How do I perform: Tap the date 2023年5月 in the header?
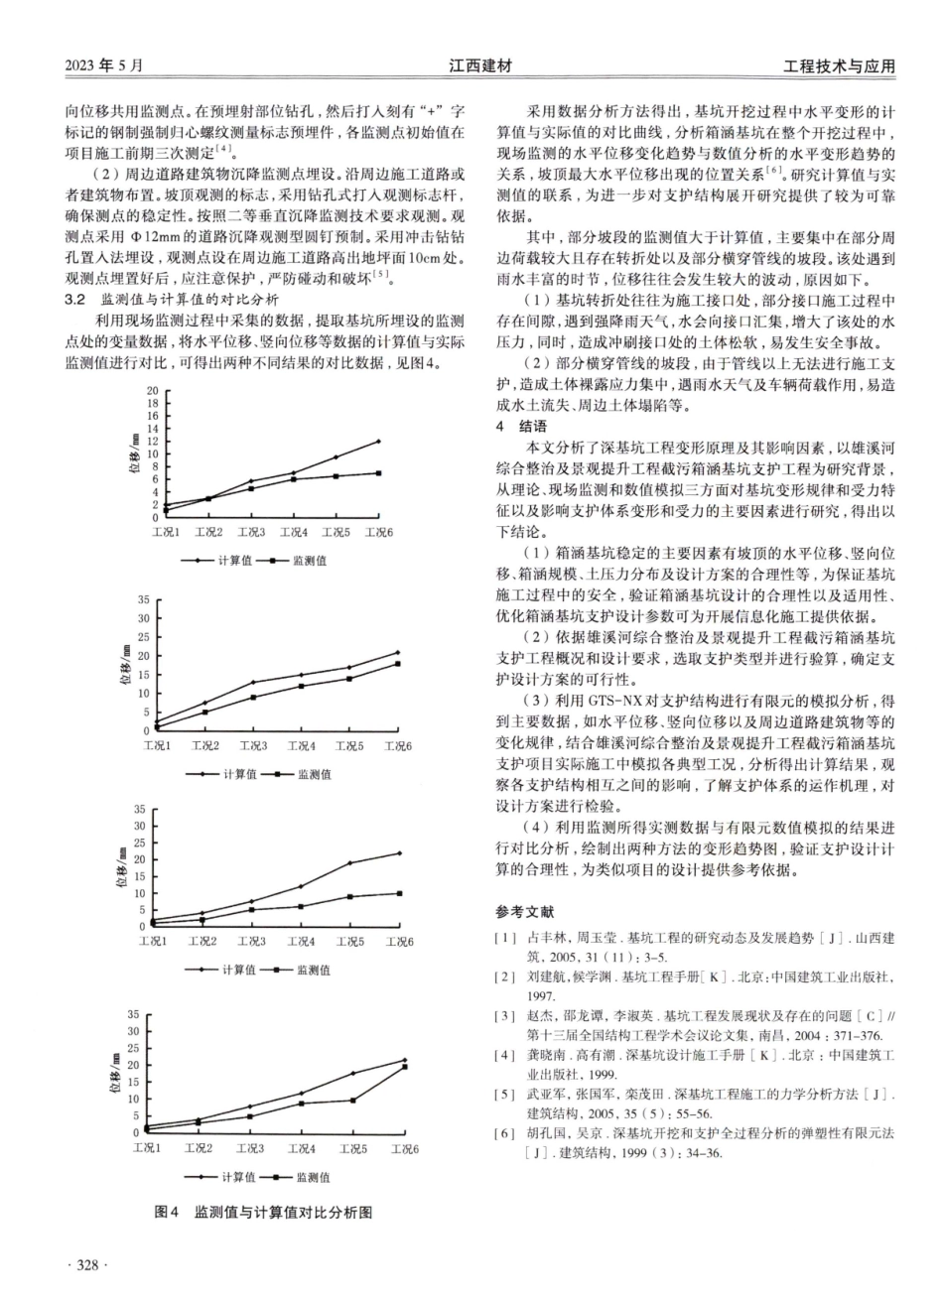click(103, 66)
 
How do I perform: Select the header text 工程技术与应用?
click(839, 66)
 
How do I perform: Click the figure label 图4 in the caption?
click(166, 1212)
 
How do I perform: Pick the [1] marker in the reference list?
click(507, 938)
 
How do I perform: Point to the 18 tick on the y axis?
click(152, 403)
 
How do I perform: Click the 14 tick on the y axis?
click(152, 429)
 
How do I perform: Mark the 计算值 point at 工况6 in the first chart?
click(379, 442)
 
